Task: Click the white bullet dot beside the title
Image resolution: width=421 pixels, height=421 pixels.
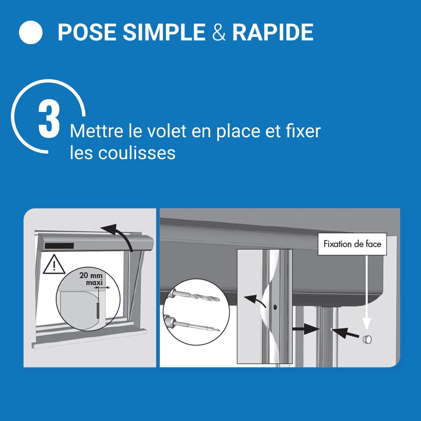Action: [31, 32]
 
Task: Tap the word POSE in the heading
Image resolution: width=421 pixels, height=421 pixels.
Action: [87, 32]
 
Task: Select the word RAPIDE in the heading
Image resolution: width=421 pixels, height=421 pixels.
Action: [273, 32]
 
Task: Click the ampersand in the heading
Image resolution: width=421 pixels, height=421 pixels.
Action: [219, 32]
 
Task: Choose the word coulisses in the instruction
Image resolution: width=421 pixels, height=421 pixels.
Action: [137, 153]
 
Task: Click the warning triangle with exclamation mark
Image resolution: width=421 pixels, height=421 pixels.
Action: [54, 265]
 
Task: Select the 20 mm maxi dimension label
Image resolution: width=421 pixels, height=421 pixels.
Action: [91, 279]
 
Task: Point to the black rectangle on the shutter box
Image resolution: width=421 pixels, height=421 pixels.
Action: [59, 246]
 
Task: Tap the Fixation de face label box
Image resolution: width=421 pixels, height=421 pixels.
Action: [352, 244]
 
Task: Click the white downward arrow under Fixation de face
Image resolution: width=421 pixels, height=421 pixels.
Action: [367, 293]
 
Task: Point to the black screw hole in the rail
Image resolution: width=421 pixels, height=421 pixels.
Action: [275, 307]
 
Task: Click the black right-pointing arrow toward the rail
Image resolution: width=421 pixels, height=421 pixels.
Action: [306, 329]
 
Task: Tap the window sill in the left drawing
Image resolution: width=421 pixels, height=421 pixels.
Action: [89, 338]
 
